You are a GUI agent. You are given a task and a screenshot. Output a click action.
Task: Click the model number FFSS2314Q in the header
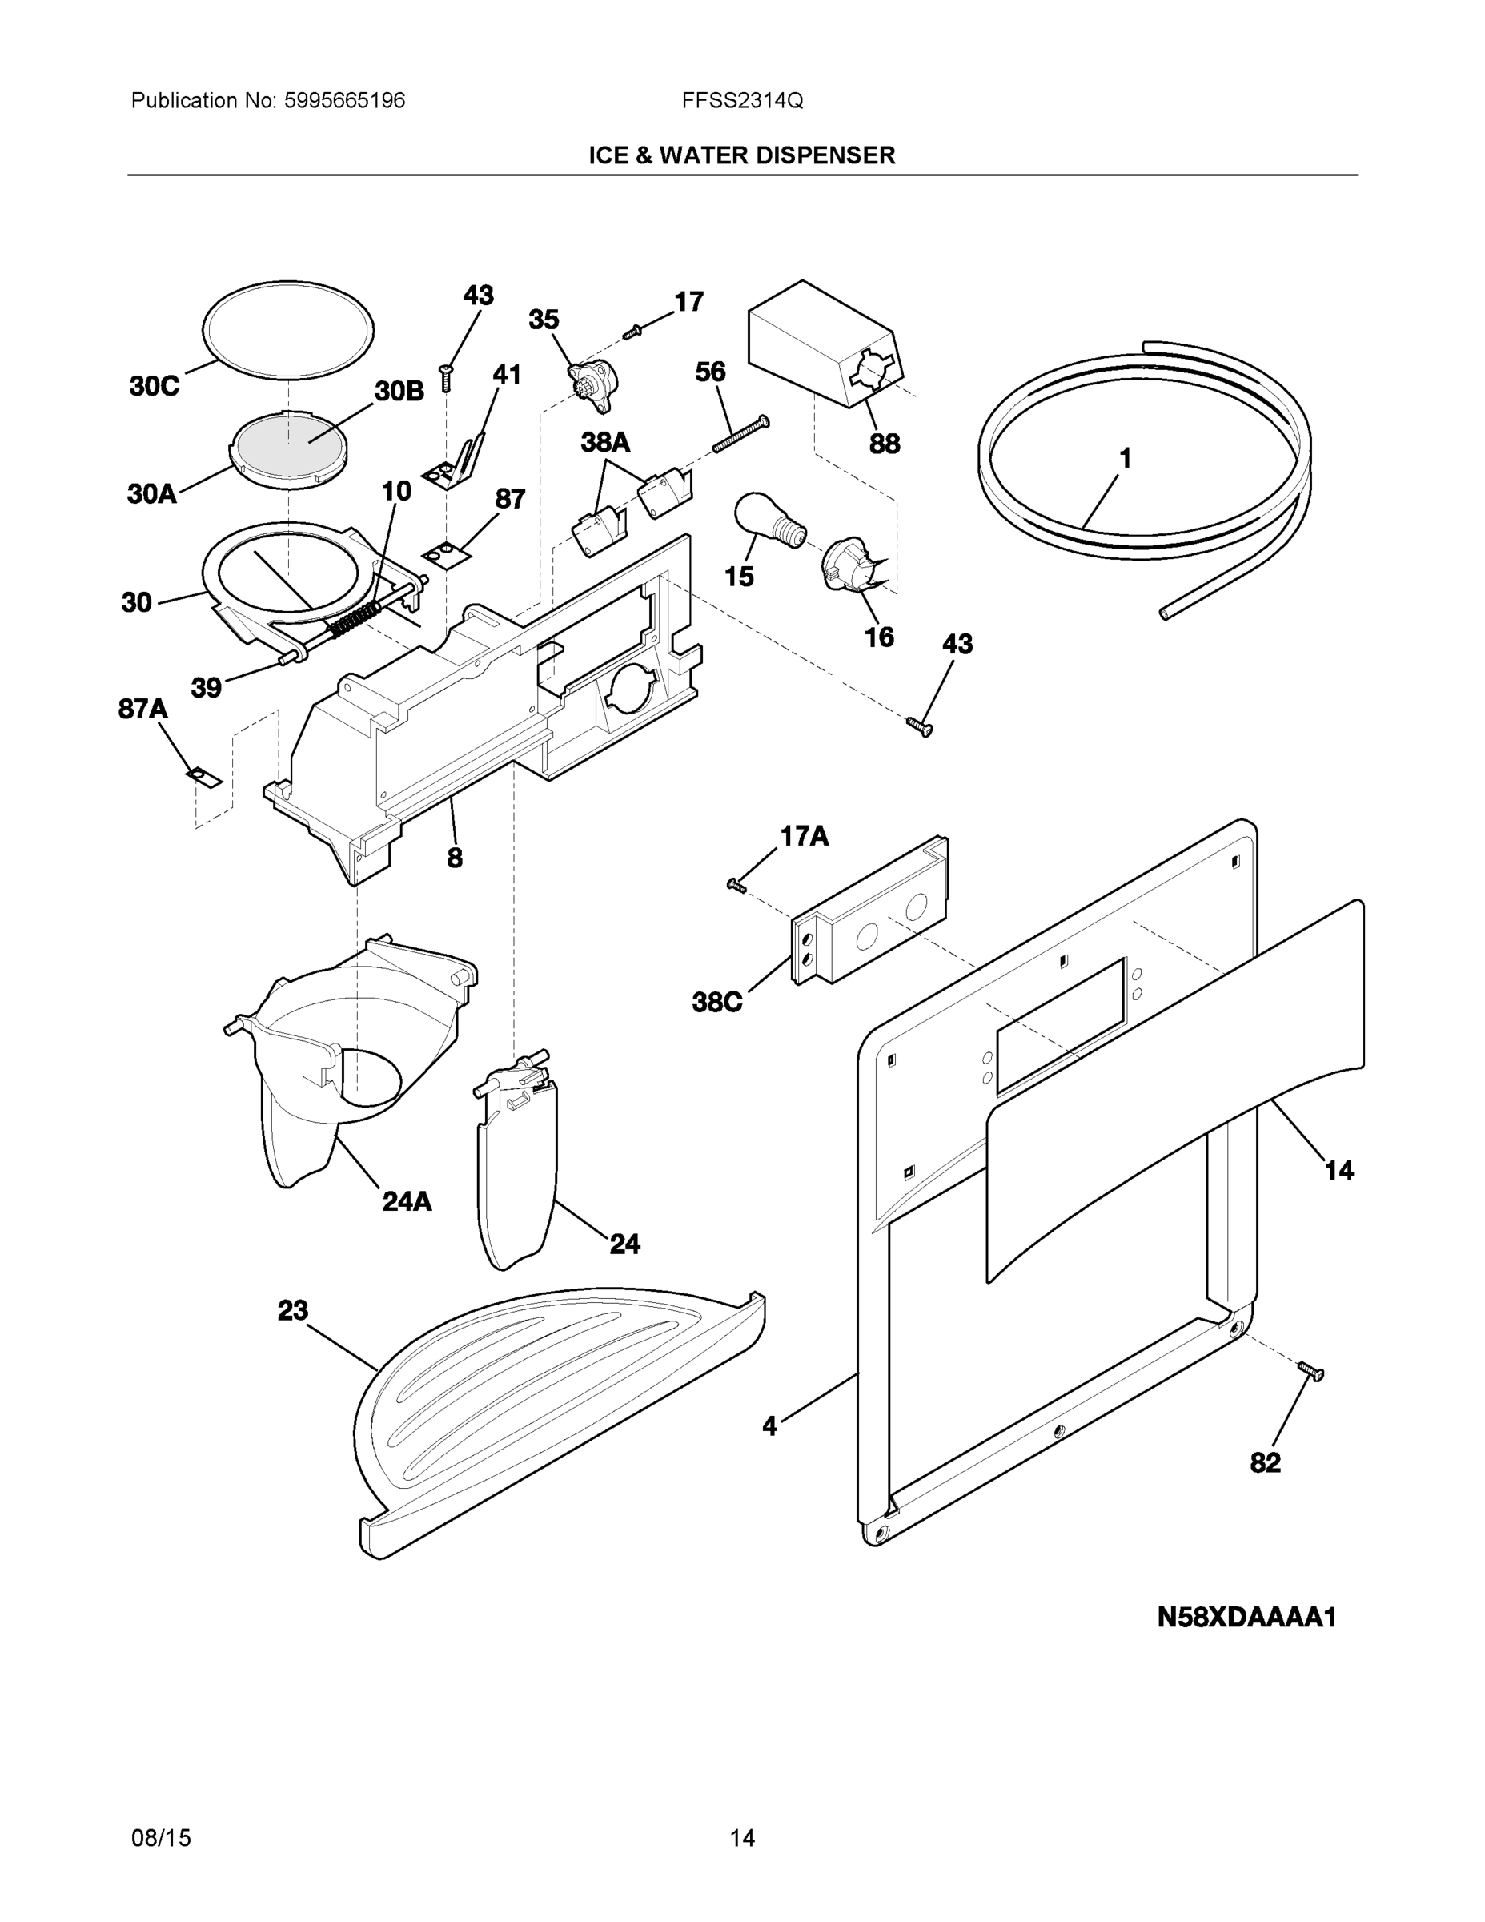click(741, 101)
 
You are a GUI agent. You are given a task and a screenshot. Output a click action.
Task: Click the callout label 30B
click(399, 392)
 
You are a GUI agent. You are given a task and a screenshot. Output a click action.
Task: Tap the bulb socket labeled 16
click(852, 563)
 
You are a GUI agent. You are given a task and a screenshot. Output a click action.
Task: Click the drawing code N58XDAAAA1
click(1246, 1618)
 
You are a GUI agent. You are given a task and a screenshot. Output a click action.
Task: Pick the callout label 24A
click(407, 1201)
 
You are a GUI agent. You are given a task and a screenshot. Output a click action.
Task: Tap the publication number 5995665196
click(344, 101)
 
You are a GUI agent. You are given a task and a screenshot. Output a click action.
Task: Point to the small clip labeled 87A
click(204, 777)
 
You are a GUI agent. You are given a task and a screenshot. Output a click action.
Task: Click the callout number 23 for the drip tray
click(293, 1310)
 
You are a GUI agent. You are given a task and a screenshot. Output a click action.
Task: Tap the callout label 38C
click(717, 1002)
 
